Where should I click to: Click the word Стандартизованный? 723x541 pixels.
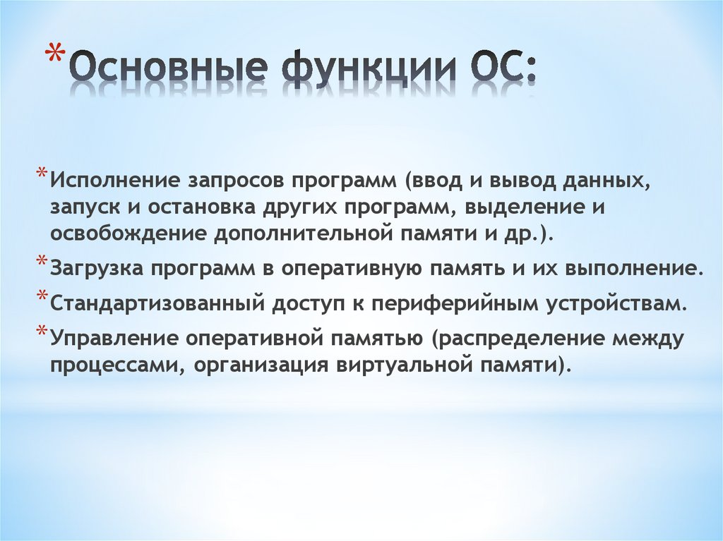click(x=156, y=304)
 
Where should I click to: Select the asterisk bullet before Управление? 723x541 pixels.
click(x=42, y=334)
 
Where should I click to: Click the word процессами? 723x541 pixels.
click(x=114, y=365)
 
